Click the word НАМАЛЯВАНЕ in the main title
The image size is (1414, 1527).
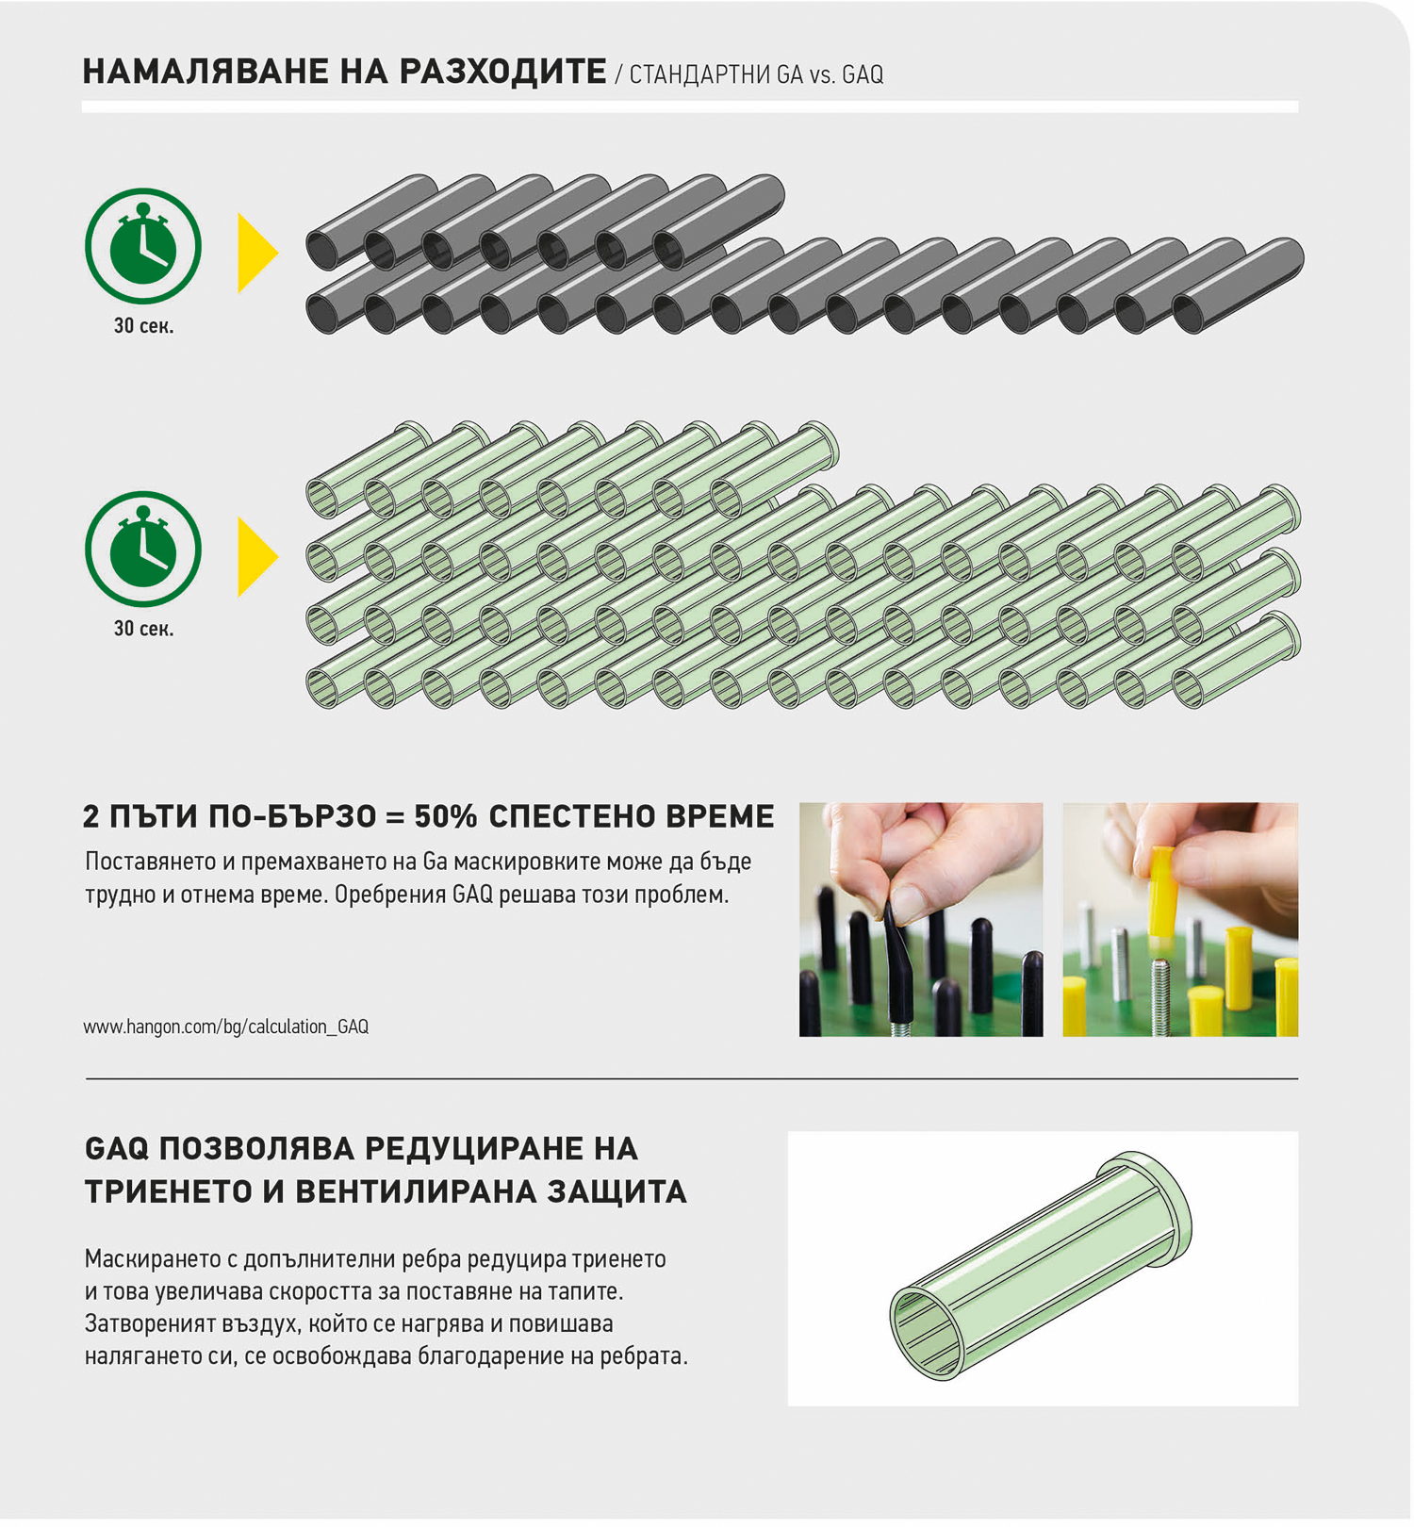[203, 72]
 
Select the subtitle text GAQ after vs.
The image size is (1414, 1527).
[863, 74]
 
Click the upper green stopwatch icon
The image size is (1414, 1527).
[143, 246]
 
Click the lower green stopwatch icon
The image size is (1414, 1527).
[143, 549]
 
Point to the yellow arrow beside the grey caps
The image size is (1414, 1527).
[257, 253]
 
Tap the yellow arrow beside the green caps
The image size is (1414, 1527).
[257, 556]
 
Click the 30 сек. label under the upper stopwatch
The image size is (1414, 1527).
[143, 326]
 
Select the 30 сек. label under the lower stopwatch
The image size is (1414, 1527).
[143, 629]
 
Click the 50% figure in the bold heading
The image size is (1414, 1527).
[445, 816]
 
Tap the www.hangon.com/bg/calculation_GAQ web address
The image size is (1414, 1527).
[225, 1026]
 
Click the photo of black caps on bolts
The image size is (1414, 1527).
[921, 919]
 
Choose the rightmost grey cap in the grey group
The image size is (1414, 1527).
[1238, 286]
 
